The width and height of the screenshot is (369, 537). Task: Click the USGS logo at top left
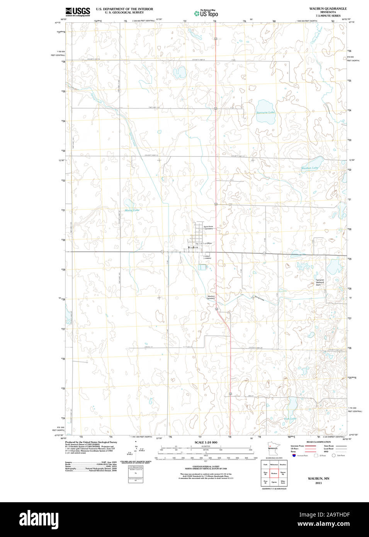click(78, 11)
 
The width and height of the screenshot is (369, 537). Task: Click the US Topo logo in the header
click(206, 14)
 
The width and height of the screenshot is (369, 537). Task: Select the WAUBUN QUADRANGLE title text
click(328, 8)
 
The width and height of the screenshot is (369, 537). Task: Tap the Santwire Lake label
click(265, 112)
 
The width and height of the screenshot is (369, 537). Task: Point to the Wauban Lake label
click(309, 168)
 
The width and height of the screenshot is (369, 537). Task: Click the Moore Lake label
click(132, 210)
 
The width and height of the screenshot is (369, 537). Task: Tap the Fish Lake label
click(290, 418)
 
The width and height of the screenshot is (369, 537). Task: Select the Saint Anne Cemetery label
click(208, 228)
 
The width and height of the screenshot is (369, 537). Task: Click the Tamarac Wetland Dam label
click(320, 282)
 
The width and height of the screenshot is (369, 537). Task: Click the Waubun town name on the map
click(192, 247)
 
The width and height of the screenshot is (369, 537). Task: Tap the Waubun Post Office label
click(204, 243)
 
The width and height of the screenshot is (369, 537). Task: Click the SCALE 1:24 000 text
click(206, 442)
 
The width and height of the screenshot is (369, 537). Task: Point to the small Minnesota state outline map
click(273, 449)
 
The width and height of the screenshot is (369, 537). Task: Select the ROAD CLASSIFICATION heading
click(318, 442)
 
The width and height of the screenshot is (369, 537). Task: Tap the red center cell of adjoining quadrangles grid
click(274, 473)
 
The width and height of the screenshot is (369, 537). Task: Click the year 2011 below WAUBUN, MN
click(318, 483)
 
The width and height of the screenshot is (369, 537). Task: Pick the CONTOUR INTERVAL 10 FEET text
click(206, 466)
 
